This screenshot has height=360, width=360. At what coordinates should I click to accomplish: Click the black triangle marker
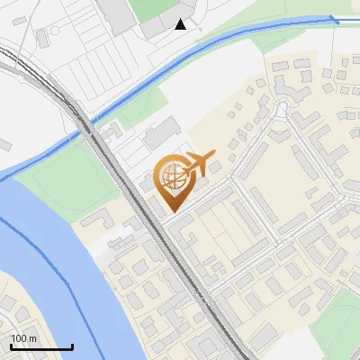pyautogui.click(x=181, y=24)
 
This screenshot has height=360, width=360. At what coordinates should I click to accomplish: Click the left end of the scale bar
pyautogui.click(x=11, y=346)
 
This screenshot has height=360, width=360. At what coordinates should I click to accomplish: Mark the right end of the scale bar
pyautogui.click(x=73, y=346)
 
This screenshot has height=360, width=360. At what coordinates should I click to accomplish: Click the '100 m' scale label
pyautogui.click(x=25, y=337)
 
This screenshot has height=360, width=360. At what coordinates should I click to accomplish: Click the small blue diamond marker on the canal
pyautogui.click(x=334, y=18)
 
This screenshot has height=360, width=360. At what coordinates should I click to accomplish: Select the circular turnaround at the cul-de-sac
pyautogui.click(x=286, y=108)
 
